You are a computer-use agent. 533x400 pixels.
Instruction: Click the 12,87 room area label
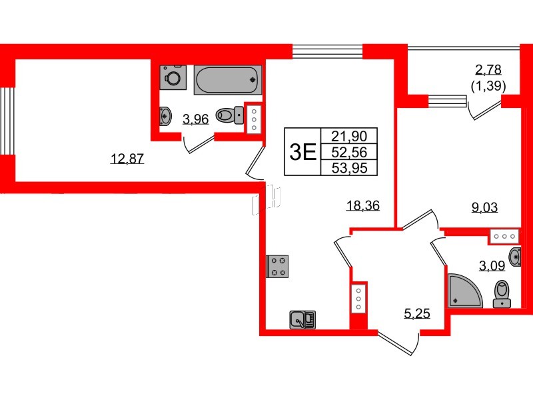[x=127, y=159]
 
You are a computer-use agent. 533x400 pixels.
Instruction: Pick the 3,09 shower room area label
[x=492, y=267]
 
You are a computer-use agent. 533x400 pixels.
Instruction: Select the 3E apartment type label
[x=302, y=152]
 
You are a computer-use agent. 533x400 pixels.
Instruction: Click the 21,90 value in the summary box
[x=348, y=135]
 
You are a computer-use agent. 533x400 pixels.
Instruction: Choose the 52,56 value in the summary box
[x=348, y=151]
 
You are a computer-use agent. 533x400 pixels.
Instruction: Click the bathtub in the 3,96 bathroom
[x=228, y=80]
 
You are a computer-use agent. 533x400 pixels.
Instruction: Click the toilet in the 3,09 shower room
[x=501, y=293]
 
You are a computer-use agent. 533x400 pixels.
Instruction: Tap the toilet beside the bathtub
[x=231, y=116]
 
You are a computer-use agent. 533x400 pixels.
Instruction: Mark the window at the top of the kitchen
[x=328, y=52]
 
